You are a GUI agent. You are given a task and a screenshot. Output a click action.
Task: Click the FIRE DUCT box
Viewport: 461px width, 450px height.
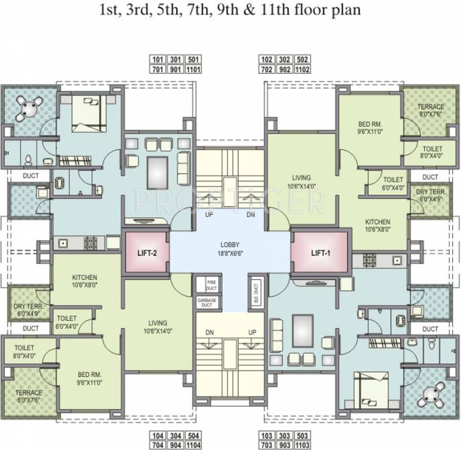tap(211, 285)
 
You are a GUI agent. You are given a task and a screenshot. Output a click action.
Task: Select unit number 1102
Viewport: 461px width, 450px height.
tap(303, 69)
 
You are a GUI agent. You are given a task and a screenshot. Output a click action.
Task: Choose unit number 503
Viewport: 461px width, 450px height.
tap(303, 435)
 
